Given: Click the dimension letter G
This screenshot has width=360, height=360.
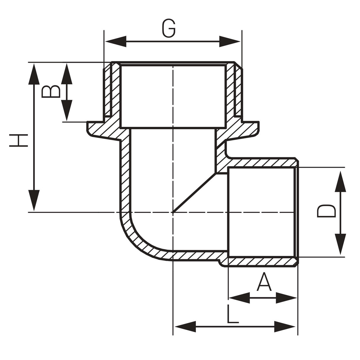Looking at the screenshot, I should click(x=169, y=28).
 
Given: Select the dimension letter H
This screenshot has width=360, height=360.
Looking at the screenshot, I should click(x=19, y=140).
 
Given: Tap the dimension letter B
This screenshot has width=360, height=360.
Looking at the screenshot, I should click(x=51, y=92).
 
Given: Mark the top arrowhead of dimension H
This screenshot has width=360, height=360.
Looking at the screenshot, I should click(x=34, y=74).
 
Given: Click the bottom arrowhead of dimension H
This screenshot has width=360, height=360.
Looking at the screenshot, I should click(x=34, y=200).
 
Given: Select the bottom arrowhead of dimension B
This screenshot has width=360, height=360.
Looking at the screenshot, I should click(x=67, y=111).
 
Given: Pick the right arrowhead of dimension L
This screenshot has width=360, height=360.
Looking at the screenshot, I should click(x=285, y=327).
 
